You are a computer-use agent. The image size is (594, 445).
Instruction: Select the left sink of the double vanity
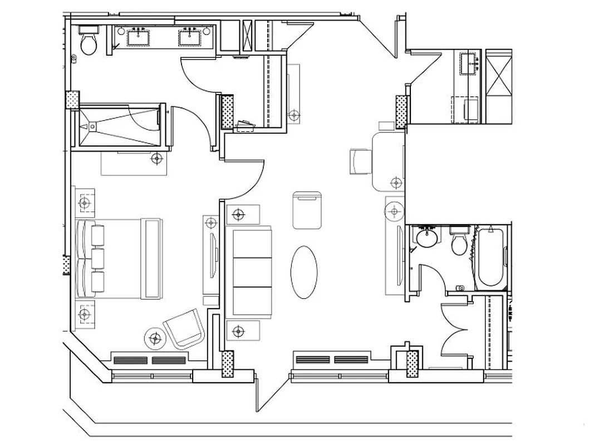(x=137, y=38)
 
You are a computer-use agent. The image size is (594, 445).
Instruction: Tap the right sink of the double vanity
(x=189, y=38)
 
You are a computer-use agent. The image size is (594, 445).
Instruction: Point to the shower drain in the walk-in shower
(x=90, y=126)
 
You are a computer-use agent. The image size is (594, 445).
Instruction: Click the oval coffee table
(x=304, y=272)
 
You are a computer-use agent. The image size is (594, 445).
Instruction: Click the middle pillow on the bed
(x=97, y=258)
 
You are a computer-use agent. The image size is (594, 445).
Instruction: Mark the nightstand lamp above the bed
(x=85, y=204)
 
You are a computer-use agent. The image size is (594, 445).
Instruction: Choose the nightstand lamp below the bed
(x=85, y=315)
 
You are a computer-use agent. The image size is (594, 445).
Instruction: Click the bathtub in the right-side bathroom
(x=492, y=257)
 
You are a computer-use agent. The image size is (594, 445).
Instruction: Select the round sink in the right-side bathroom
(x=428, y=238)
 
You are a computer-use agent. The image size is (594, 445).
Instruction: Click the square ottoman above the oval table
(x=307, y=210)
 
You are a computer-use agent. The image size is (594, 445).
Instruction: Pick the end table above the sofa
(x=239, y=214)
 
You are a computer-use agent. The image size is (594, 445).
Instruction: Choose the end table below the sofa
(x=239, y=331)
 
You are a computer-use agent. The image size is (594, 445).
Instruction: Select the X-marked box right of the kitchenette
(x=498, y=86)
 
